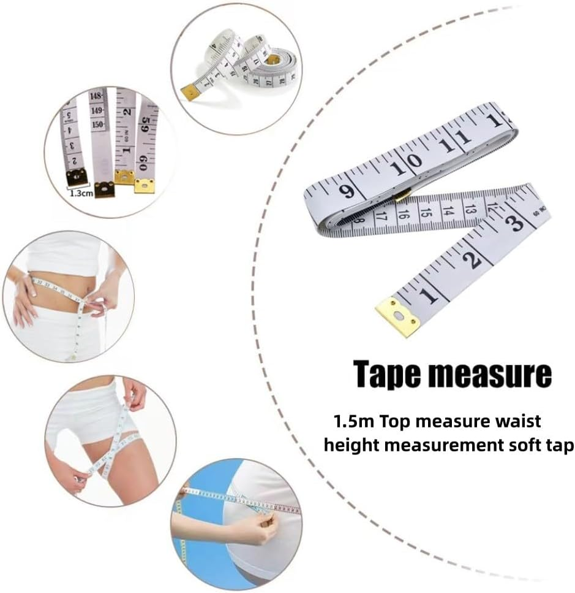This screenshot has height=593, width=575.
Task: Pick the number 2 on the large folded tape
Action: (x=473, y=261)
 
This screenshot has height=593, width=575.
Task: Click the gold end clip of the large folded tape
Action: (x=398, y=316)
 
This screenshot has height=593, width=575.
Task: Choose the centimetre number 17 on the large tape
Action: (x=380, y=216)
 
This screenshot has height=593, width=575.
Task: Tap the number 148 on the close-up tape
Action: (x=96, y=97)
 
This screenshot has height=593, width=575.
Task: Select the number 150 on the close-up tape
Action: (x=98, y=124)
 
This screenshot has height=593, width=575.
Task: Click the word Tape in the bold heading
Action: (x=386, y=373)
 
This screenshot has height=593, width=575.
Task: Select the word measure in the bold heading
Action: (x=490, y=373)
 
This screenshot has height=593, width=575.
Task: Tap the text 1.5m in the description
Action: (x=351, y=422)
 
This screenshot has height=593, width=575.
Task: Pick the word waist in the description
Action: (x=517, y=422)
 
